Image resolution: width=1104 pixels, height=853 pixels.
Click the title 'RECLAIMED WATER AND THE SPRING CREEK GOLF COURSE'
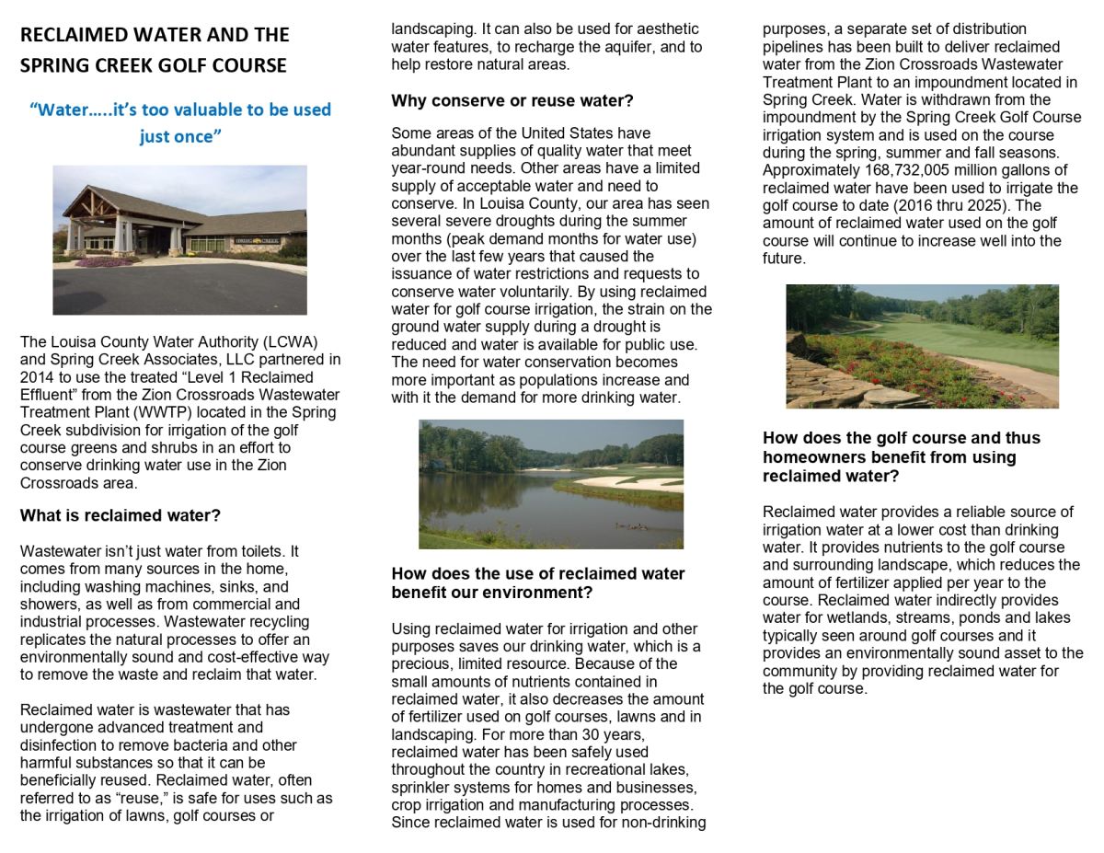point(155,50)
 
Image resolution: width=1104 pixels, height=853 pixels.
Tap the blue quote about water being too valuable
point(180,121)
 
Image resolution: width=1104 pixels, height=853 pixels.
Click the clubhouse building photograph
point(179,239)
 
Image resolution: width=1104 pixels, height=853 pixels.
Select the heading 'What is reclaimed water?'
point(121,515)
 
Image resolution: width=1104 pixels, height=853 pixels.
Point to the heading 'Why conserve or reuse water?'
point(512,100)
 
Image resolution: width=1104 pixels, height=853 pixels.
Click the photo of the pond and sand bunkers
point(551,484)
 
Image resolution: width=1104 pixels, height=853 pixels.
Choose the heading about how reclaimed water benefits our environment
point(538,582)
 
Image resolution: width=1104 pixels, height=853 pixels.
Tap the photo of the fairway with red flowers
point(922,346)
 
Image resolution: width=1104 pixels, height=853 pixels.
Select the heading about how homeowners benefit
point(889,456)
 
